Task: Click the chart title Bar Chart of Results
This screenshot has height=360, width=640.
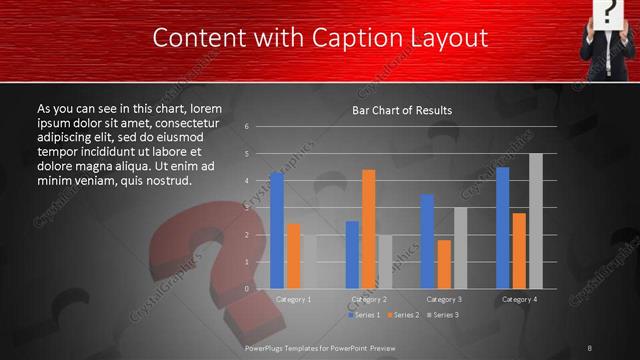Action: (402, 110)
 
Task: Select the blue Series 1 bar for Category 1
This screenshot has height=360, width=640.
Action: (277, 230)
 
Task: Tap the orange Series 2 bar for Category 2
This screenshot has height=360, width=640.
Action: (368, 229)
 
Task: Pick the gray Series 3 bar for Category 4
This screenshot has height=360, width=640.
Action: (535, 220)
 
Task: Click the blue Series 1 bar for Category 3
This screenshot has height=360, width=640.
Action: (427, 241)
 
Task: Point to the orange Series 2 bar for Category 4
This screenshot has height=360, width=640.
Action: (519, 250)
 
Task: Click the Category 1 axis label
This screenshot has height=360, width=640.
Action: (293, 299)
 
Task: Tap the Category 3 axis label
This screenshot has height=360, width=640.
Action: (443, 299)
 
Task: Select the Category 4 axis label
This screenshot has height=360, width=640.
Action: (519, 299)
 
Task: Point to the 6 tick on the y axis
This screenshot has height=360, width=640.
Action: (246, 127)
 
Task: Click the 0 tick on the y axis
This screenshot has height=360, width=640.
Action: (246, 288)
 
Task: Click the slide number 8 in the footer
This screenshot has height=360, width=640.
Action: (589, 347)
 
